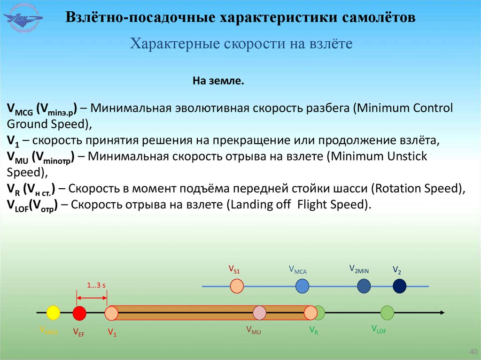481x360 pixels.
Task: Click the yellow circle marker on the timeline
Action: [x=54, y=313]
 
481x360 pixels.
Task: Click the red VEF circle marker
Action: [x=79, y=313]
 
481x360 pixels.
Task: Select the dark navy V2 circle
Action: [x=399, y=286]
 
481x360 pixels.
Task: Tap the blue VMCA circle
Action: [x=302, y=286]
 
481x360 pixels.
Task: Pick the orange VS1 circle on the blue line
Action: [x=237, y=286]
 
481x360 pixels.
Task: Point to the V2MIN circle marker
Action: [x=364, y=286]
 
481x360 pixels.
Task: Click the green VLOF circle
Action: [x=387, y=312]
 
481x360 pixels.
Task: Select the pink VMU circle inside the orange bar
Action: [x=259, y=313]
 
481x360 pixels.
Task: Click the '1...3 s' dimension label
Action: [x=96, y=285]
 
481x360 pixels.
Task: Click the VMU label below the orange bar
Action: [x=253, y=330]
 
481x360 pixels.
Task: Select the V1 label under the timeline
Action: [x=112, y=333]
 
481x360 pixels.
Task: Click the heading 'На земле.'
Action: [x=218, y=81]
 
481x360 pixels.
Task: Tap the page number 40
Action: [x=473, y=352]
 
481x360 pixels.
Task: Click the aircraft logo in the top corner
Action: [x=23, y=18]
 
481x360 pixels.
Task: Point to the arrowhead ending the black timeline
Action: [x=442, y=313]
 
